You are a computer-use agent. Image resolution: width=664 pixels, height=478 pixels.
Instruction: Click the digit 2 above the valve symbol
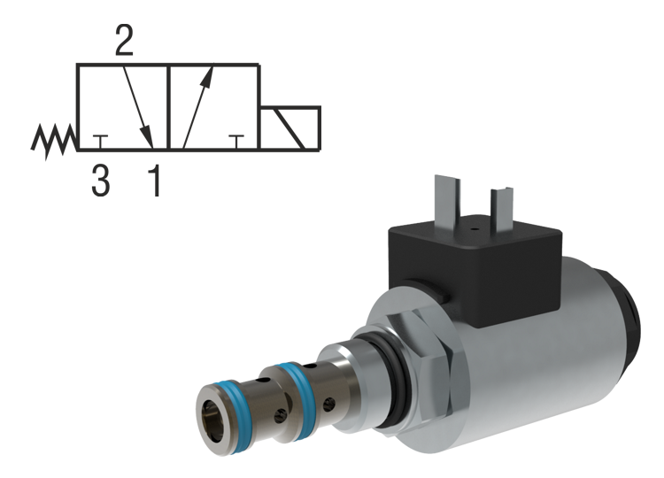pos(126,40)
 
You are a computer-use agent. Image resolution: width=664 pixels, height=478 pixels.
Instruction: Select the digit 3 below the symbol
pos(101,181)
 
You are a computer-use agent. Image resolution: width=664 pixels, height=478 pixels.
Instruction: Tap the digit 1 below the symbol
pos(154,181)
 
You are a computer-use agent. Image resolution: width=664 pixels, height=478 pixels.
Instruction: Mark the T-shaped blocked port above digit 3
pos(102,141)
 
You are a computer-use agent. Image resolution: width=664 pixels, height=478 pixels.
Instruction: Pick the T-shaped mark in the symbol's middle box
pos(235,141)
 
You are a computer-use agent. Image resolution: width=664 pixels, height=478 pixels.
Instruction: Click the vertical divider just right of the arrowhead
pos(169,106)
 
